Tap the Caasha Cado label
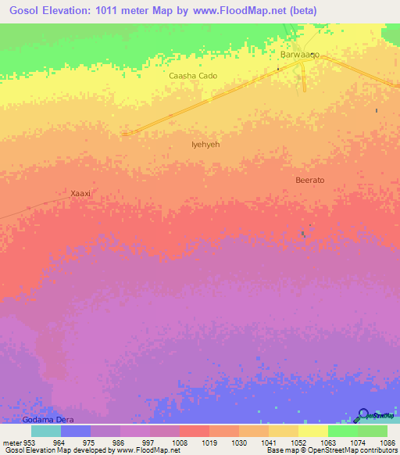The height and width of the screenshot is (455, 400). click(x=193, y=76)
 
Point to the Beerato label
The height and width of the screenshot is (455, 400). click(x=309, y=180)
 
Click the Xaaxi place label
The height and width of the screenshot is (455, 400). click(x=81, y=192)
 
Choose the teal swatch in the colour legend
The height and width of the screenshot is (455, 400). click(x=46, y=431)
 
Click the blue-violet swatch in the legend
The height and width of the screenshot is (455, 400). click(x=76, y=431)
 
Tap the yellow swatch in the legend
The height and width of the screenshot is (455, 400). click(x=312, y=431)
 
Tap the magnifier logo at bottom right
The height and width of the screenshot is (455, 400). click(x=362, y=415)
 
